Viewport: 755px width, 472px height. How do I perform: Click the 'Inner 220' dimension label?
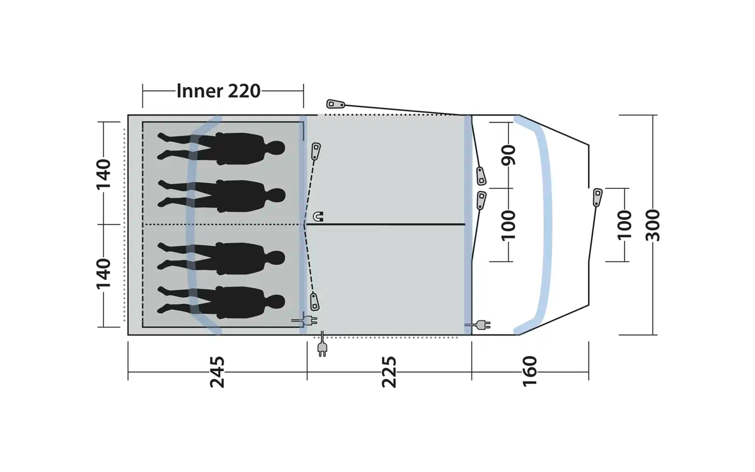click(x=218, y=91)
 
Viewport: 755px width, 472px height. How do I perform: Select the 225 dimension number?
click(x=389, y=372)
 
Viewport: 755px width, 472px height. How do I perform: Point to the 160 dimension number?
click(x=529, y=371)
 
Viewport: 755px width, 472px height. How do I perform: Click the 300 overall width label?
click(x=653, y=225)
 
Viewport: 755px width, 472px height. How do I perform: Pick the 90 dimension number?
click(x=509, y=155)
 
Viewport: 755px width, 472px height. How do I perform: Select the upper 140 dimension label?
click(x=103, y=175)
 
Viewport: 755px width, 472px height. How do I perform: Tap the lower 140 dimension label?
click(x=103, y=274)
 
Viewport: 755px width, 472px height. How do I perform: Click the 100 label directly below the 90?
click(x=509, y=225)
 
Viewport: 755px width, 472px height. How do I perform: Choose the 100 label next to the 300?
click(x=624, y=225)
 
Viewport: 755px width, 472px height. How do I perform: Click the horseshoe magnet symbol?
click(x=318, y=217)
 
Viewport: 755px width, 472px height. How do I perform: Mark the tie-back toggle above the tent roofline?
click(x=336, y=104)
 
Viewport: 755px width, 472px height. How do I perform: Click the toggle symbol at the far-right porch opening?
click(x=597, y=198)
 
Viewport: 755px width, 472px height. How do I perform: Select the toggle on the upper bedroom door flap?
click(x=316, y=152)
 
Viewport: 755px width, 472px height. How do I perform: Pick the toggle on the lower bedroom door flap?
click(x=314, y=302)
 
